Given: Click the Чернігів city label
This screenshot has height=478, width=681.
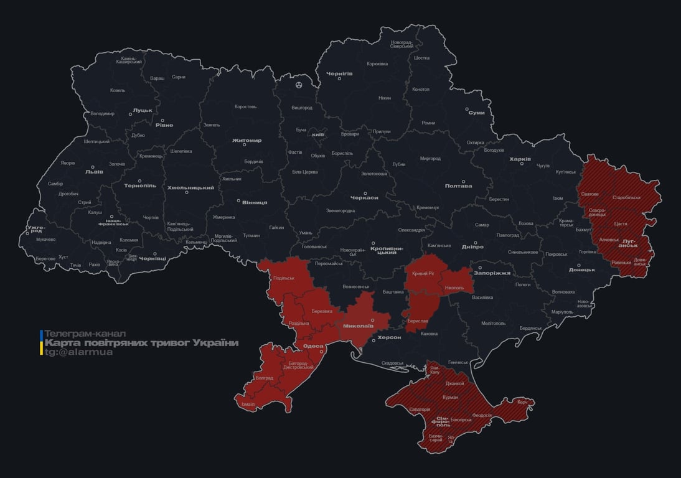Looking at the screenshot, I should (340, 73).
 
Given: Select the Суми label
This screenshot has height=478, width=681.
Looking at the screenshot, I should (476, 113).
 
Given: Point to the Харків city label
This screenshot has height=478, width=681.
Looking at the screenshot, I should (520, 159).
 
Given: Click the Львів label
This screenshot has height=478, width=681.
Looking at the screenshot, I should (94, 172).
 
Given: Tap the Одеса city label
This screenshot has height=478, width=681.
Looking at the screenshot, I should (312, 346).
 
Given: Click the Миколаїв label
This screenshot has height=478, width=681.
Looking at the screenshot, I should (359, 326).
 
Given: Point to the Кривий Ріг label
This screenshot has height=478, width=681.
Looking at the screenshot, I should (423, 273).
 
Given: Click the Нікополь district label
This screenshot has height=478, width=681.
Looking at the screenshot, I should (454, 288).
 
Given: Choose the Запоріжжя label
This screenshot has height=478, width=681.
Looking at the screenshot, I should (492, 273).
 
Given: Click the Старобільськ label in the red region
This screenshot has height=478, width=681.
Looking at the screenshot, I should (626, 197).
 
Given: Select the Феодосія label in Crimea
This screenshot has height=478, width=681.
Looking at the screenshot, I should (482, 415).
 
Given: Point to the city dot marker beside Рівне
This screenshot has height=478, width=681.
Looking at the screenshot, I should (162, 121).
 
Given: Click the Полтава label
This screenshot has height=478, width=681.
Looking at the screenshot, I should (458, 185).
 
